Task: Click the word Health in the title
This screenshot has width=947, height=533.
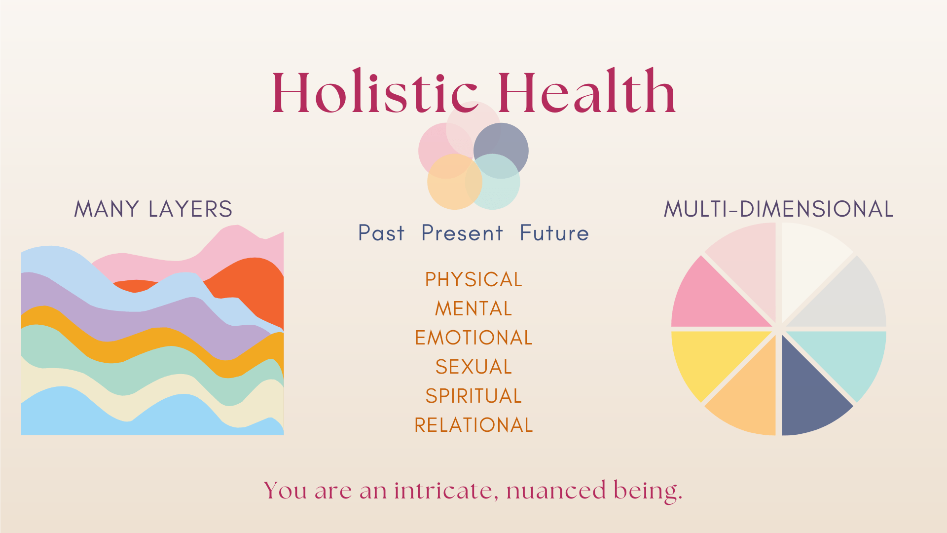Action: coord(587,92)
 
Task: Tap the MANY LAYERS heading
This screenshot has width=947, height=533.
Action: coord(153,209)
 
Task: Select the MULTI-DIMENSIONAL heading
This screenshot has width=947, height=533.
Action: coord(778,209)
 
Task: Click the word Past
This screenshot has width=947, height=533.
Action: coord(381,233)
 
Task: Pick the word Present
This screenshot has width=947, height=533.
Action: coord(462,233)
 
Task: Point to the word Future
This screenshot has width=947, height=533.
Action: coord(554,233)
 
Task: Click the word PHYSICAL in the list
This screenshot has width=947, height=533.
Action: coord(473,280)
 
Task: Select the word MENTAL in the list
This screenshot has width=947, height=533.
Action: coord(473,309)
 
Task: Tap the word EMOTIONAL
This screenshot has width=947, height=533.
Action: coord(473,338)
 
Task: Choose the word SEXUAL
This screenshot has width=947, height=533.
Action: coord(473,367)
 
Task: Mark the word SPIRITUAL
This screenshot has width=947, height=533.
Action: coord(473,396)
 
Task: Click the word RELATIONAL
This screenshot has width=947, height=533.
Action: coord(473,425)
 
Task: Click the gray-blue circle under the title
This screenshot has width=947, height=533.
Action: coord(506,143)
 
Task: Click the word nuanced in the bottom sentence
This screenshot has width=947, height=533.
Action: coord(556,491)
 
